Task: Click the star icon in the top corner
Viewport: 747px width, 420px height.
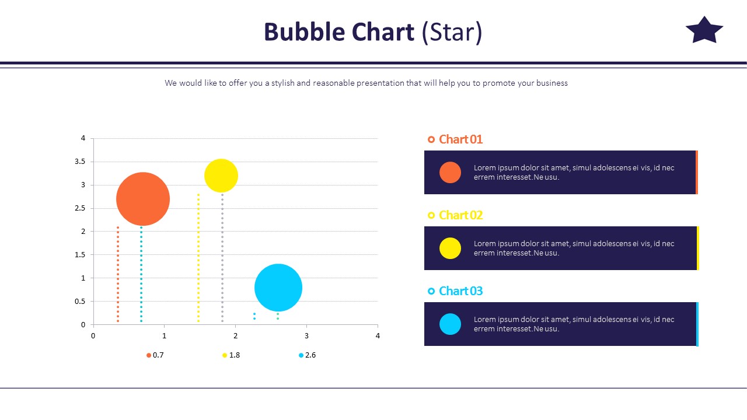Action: tap(704, 30)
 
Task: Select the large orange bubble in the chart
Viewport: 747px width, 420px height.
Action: tap(143, 199)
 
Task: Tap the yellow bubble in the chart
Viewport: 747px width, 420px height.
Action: tap(221, 176)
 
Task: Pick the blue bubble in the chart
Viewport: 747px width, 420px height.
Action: tap(278, 288)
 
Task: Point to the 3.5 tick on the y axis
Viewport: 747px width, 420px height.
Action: tap(79, 162)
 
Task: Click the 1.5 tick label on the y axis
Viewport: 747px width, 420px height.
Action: tap(79, 255)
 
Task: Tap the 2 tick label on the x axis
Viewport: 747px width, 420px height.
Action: tap(235, 336)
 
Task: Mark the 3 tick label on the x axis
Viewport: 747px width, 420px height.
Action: tap(306, 336)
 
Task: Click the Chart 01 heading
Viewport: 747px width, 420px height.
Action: tap(460, 139)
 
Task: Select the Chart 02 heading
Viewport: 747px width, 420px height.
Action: tap(460, 215)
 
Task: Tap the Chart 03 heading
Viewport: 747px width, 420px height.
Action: tap(460, 291)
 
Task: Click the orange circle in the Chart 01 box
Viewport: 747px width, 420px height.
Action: tap(450, 173)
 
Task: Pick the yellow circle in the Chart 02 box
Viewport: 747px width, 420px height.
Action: tap(450, 249)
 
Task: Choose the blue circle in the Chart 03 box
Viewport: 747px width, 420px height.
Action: tap(450, 324)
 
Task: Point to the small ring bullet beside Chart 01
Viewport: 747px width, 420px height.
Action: tap(431, 139)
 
